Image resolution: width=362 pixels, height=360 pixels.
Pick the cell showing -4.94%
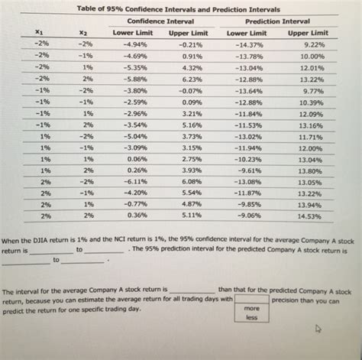coord(134,45)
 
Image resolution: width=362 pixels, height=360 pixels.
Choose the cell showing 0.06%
coord(138,158)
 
